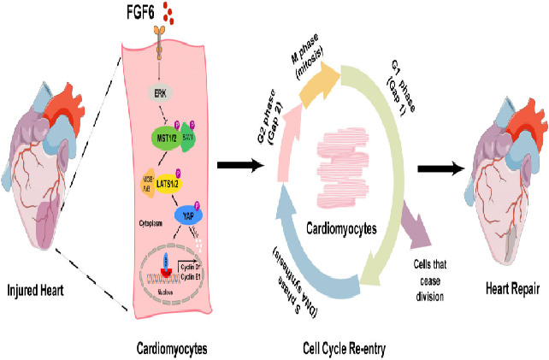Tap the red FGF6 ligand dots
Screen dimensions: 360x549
(x=171, y=15)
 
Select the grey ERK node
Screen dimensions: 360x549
(x=159, y=92)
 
